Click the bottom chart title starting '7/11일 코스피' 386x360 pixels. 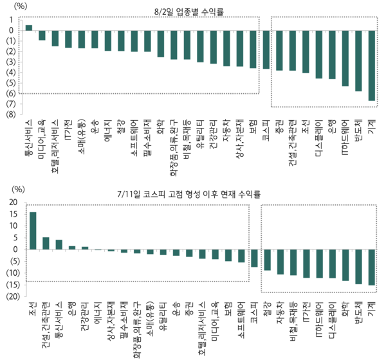193,192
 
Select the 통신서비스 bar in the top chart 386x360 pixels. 28,28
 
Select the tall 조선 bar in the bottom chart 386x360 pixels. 32,231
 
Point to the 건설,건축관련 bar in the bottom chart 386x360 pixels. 46,243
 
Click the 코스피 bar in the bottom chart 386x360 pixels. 254,258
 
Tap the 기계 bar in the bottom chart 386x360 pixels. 371,267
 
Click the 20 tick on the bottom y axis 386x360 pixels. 13,203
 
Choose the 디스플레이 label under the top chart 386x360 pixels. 318,138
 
